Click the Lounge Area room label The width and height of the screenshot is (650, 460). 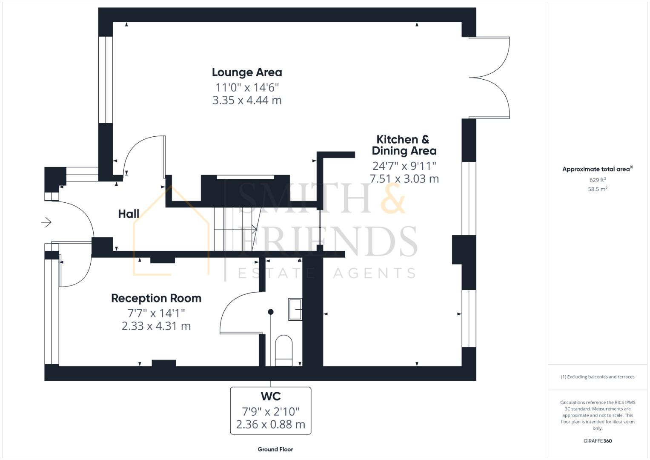click(x=247, y=72)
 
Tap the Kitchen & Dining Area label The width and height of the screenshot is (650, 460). click(x=404, y=145)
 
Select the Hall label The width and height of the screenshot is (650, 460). click(x=129, y=214)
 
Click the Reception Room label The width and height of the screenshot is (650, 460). click(x=156, y=298)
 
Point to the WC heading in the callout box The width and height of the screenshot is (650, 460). click(x=271, y=397)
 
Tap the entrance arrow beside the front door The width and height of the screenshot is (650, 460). click(x=46, y=222)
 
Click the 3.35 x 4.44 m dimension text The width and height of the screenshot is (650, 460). click(x=247, y=101)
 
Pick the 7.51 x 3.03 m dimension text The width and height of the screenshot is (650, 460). click(x=404, y=179)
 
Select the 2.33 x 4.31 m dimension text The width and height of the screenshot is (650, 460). click(x=156, y=326)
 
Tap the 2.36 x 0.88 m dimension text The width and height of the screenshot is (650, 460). click(x=271, y=425)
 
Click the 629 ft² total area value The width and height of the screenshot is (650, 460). click(x=597, y=180)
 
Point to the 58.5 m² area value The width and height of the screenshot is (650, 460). click(x=597, y=189)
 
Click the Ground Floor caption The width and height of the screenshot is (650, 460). click(x=275, y=449)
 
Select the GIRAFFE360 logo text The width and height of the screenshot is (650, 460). click(x=597, y=441)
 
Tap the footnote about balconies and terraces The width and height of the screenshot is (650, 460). click(x=598, y=377)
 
